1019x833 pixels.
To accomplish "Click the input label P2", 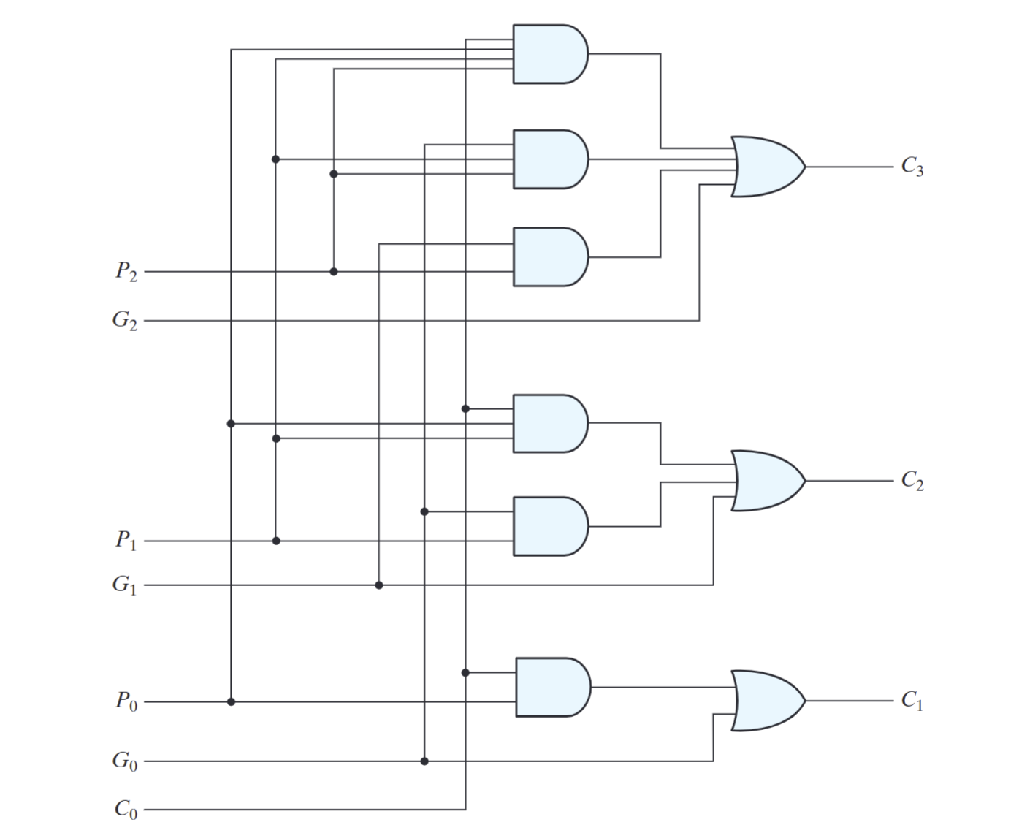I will (126, 272).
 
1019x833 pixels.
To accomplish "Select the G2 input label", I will (125, 321).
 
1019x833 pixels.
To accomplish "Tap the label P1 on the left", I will (126, 541).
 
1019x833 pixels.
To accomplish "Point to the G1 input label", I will (125, 585).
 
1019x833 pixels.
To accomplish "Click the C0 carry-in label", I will (126, 809).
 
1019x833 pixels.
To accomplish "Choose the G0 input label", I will (125, 761).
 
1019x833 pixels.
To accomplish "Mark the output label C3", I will (912, 167).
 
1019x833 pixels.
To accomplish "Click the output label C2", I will (912, 482).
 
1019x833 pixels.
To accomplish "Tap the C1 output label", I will (912, 701).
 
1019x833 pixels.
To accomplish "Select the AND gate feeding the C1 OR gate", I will (552, 687).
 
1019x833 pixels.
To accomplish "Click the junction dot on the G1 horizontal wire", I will (379, 585).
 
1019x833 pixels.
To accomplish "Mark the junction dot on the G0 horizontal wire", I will (424, 761).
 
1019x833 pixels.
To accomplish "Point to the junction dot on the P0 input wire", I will (231, 701).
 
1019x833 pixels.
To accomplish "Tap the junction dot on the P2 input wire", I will (334, 272).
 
